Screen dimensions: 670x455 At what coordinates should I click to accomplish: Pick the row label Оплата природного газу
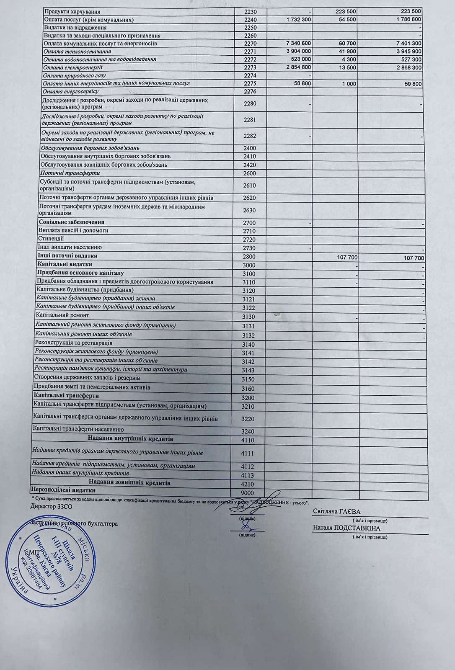(x=75, y=76)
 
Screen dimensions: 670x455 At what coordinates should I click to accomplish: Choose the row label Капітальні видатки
(x=65, y=264)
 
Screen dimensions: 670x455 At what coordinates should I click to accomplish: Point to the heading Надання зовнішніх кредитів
(x=129, y=483)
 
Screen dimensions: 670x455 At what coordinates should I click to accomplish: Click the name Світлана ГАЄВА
(x=336, y=512)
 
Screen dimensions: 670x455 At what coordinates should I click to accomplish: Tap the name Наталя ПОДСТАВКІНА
(x=346, y=528)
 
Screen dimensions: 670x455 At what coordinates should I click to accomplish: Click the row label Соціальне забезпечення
(x=71, y=222)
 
